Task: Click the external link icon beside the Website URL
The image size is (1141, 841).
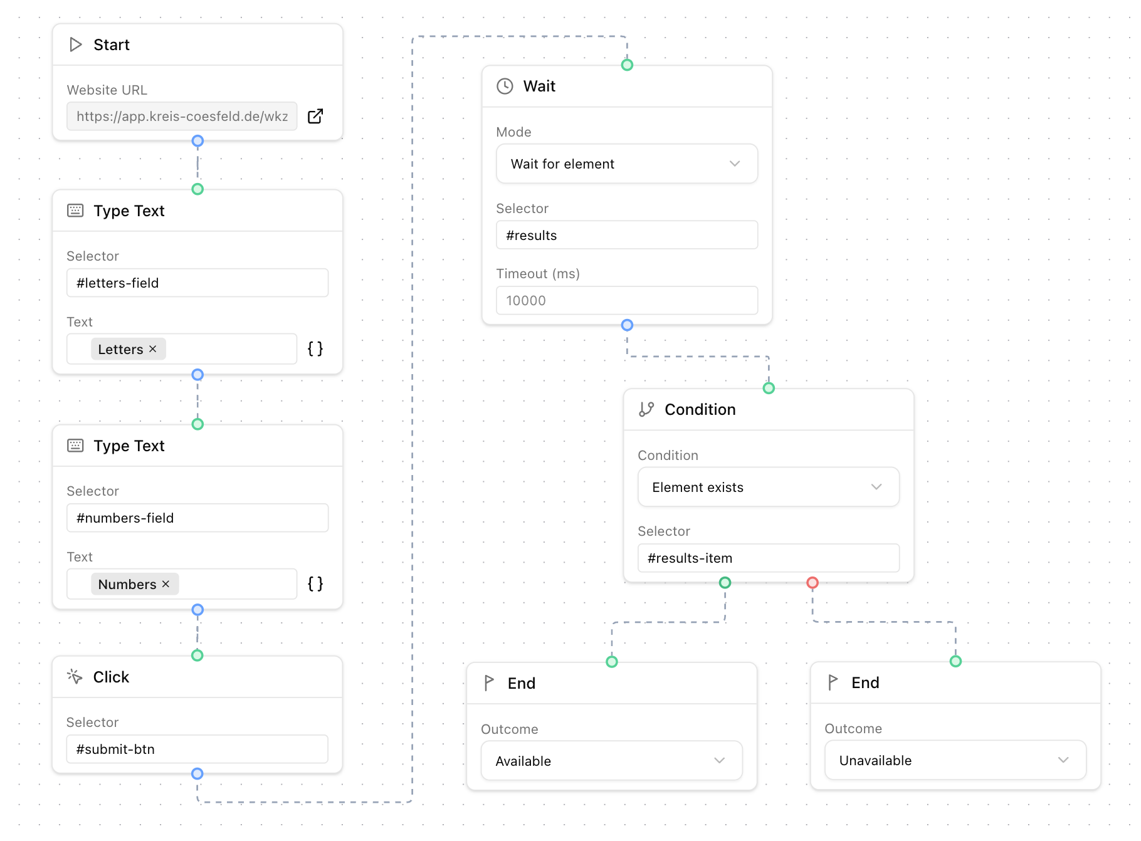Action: pyautogui.click(x=315, y=116)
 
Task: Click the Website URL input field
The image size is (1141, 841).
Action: pyautogui.click(x=182, y=117)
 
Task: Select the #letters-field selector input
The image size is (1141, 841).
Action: pyautogui.click(x=197, y=283)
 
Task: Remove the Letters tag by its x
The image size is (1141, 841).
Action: pyautogui.click(x=153, y=349)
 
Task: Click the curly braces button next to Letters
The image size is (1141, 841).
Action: pyautogui.click(x=315, y=349)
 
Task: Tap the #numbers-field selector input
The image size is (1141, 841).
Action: pyautogui.click(x=197, y=518)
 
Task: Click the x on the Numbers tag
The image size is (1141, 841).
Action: pyautogui.click(x=166, y=584)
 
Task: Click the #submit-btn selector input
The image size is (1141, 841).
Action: pyautogui.click(x=197, y=749)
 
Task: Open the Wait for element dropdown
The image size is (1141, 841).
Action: pyautogui.click(x=626, y=164)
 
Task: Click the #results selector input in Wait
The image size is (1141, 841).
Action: pyautogui.click(x=626, y=235)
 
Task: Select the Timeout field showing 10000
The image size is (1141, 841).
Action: pyautogui.click(x=626, y=300)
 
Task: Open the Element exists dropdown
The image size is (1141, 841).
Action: pyautogui.click(x=768, y=487)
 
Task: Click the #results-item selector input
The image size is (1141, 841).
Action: pyautogui.click(x=768, y=558)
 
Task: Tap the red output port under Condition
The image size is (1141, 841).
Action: pyautogui.click(x=812, y=583)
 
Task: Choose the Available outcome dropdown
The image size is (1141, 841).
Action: pyautogui.click(x=611, y=761)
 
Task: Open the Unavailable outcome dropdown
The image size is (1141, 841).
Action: pyautogui.click(x=955, y=760)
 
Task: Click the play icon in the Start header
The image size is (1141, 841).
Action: pyautogui.click(x=76, y=44)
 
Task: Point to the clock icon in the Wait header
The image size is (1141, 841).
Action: pyautogui.click(x=505, y=86)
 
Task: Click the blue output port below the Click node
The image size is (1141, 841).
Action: pyautogui.click(x=197, y=774)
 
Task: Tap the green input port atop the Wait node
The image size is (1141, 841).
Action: pyautogui.click(x=627, y=65)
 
